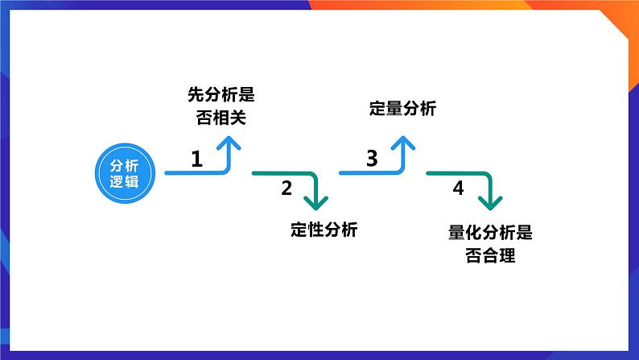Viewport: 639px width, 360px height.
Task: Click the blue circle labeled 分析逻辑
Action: tap(125, 173)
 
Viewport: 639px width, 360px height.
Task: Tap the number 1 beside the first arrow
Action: tap(197, 159)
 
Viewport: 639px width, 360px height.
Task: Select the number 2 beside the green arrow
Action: tap(287, 188)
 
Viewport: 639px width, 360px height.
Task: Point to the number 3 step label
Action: tap(372, 158)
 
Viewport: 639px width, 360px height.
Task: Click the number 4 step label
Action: tap(459, 188)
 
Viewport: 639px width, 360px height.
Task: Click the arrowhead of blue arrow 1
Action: tap(229, 143)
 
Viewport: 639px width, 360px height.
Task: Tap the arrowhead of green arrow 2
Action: tap(316, 203)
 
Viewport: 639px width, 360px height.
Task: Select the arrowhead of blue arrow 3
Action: tap(403, 143)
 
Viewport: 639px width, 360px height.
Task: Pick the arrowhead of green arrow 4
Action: tap(490, 203)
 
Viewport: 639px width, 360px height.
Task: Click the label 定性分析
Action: tap(324, 230)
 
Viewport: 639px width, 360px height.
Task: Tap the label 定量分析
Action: tap(402, 109)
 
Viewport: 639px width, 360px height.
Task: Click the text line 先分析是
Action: tap(221, 94)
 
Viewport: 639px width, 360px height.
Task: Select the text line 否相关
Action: tap(221, 118)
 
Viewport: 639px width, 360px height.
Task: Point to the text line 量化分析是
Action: tap(490, 233)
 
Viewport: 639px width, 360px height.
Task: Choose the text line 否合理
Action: tap(490, 255)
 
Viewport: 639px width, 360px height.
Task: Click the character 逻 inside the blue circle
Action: tap(117, 181)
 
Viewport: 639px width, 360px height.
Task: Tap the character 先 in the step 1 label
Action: tap(196, 94)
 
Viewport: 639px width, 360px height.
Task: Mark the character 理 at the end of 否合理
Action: tap(507, 255)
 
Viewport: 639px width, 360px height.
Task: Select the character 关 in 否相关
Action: tap(238, 118)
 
